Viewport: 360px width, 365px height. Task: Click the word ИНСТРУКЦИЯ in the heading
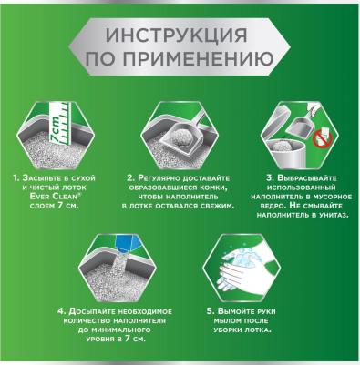(180, 38)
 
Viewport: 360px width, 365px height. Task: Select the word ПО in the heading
(99, 63)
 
